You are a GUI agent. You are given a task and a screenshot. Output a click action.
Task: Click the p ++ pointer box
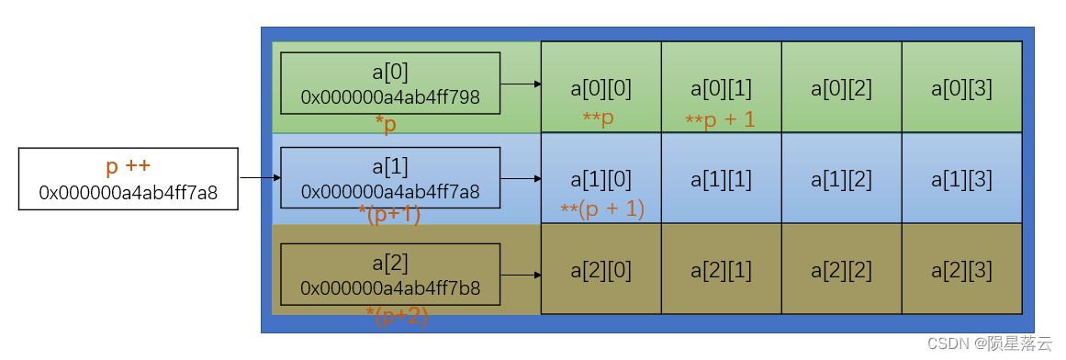(x=129, y=179)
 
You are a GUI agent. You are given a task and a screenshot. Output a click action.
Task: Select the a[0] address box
(x=390, y=84)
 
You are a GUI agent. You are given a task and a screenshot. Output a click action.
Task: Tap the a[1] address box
(x=390, y=178)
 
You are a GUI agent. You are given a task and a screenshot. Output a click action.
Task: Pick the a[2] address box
(x=390, y=274)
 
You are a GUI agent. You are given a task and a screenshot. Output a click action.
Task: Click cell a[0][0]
(x=600, y=88)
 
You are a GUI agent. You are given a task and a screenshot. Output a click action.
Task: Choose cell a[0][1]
(x=721, y=88)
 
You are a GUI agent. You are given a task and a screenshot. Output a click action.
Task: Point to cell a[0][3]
(x=961, y=88)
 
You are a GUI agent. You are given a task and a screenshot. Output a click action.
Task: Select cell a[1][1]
(x=721, y=179)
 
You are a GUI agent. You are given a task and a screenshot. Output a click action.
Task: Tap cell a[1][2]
(x=841, y=179)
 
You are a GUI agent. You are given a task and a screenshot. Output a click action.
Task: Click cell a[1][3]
(x=961, y=179)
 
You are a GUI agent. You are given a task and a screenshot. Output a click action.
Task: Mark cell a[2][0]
(x=600, y=270)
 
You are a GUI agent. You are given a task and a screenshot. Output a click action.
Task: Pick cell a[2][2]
(x=841, y=270)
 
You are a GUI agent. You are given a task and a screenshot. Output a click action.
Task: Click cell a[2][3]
(x=961, y=270)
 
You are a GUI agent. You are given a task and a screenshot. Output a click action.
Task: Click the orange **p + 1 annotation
(x=720, y=118)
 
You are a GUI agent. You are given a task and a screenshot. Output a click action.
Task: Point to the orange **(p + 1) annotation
(x=602, y=208)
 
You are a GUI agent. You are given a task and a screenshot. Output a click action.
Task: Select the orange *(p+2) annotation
(x=397, y=316)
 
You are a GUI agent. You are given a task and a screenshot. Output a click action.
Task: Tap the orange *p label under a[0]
(x=386, y=125)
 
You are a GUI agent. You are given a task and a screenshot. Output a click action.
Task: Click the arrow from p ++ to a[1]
(x=260, y=178)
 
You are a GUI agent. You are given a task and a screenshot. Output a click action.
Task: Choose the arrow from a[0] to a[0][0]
(x=521, y=84)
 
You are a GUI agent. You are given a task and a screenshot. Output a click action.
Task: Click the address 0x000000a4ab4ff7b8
(x=390, y=288)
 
